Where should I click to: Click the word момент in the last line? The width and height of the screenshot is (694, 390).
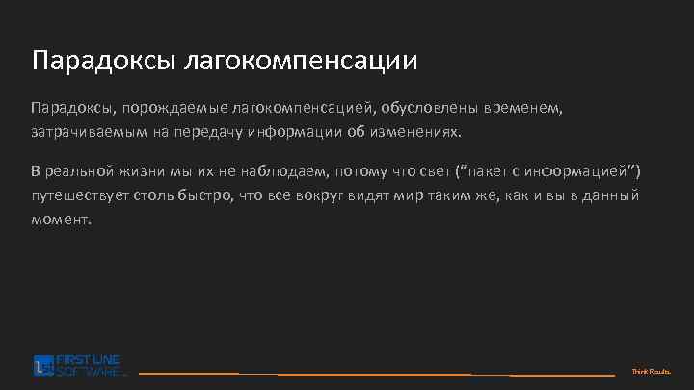pos(60,219)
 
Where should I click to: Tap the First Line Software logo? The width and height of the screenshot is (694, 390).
pos(80,366)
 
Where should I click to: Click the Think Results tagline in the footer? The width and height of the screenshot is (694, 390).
pos(651,372)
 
